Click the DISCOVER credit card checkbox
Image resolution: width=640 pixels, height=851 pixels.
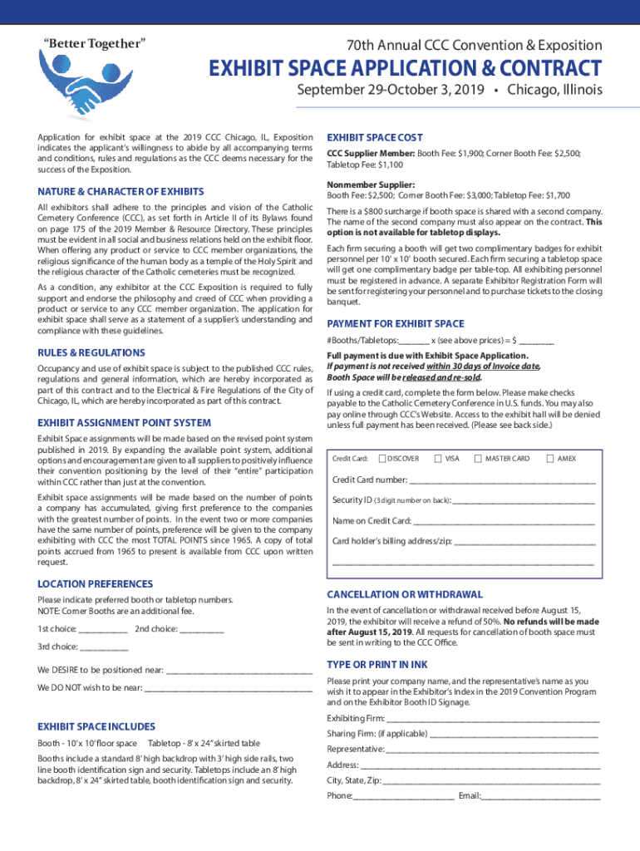pos(382,458)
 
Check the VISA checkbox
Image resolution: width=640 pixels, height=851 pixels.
pos(439,458)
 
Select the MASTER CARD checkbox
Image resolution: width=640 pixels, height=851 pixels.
pos(479,458)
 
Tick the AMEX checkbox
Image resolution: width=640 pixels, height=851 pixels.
pos(549,458)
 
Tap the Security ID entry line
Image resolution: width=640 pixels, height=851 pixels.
pos(524,502)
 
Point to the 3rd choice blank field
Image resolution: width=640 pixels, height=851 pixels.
pos(105,648)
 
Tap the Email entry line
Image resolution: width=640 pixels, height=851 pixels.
pos(541,798)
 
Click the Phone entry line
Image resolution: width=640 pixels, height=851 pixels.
pos(403,798)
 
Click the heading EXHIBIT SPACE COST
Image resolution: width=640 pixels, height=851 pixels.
pos(375,137)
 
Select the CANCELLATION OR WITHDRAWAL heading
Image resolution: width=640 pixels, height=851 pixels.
pos(404,595)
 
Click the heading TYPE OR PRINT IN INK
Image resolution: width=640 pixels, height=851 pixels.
pos(377,665)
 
